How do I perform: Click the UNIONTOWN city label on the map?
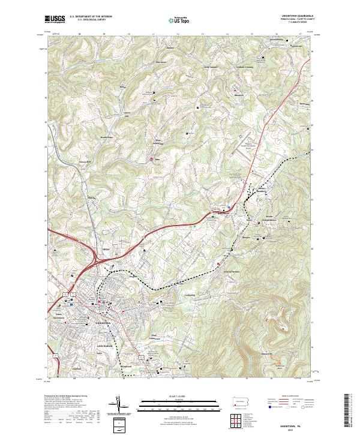click(x=103, y=323)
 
